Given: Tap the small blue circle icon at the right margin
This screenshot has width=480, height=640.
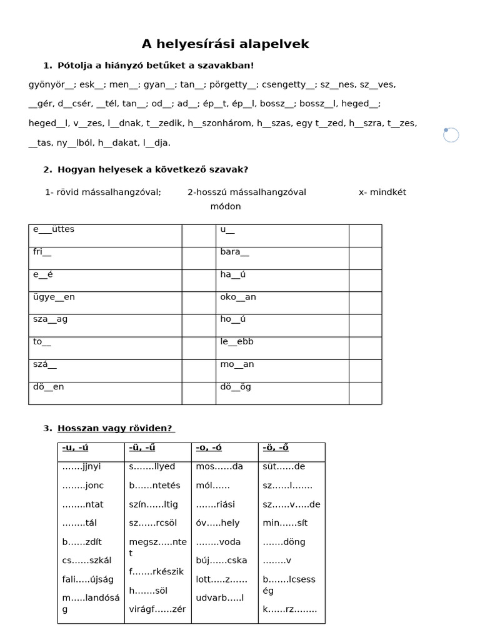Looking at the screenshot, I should tap(451, 134).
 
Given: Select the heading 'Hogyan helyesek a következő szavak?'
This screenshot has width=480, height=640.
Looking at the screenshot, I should tap(152, 169).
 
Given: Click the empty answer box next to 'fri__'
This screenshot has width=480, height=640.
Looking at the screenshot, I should tap(199, 258).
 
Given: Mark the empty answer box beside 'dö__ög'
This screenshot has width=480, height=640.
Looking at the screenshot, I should tap(365, 393).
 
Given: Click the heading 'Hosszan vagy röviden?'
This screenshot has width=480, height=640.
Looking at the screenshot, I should tap(116, 428).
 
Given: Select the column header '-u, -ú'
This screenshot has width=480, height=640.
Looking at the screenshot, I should tap(75, 447).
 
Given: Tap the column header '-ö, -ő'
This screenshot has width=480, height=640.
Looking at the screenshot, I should tap(276, 447).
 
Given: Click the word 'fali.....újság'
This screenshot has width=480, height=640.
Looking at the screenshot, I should tap(88, 579).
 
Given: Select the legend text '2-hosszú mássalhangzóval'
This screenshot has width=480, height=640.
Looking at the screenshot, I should tap(247, 192).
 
